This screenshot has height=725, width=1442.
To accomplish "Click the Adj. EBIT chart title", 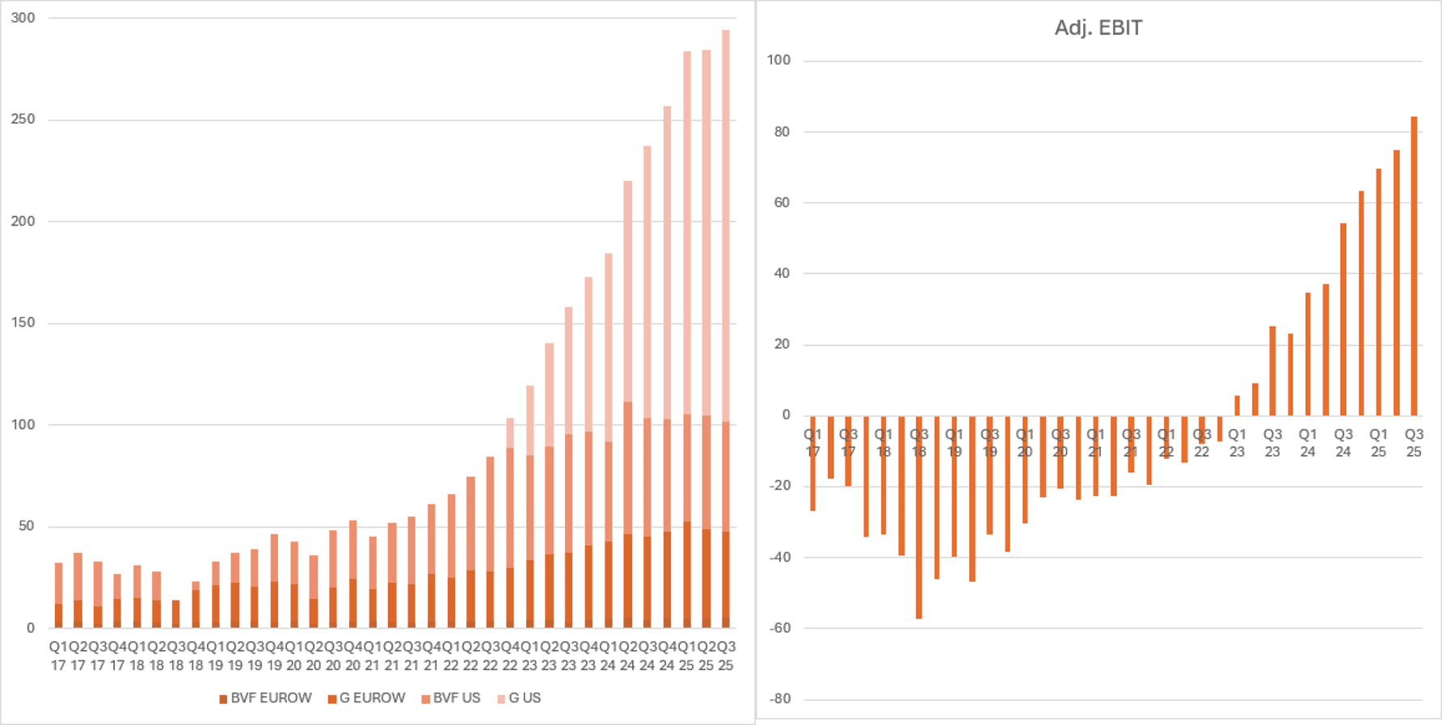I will [x=1098, y=28].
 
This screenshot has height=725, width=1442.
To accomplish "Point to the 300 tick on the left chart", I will [x=23, y=18].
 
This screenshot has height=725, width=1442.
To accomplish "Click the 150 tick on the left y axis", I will [x=23, y=322].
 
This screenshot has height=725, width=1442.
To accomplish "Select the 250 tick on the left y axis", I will [x=23, y=119].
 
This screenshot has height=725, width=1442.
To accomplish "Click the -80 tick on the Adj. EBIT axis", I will [x=780, y=699].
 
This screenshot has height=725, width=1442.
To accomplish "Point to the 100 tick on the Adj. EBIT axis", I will [x=779, y=60].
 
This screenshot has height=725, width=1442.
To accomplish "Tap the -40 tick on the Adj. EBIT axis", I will [x=780, y=557].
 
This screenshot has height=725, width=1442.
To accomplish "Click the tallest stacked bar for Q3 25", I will [x=726, y=323].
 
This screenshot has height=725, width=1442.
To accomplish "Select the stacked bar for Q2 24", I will [x=628, y=404].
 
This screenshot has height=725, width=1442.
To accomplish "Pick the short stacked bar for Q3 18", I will [x=176, y=614].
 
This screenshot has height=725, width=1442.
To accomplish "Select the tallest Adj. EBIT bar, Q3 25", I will [x=1414, y=267].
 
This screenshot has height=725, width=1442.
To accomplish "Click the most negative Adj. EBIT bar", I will [x=919, y=517].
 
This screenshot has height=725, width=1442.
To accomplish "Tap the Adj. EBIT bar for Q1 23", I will [x=1238, y=406].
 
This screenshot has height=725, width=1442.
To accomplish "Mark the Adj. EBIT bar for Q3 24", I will [x=1343, y=319].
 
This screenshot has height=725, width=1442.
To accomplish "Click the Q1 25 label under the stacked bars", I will [x=686, y=655].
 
